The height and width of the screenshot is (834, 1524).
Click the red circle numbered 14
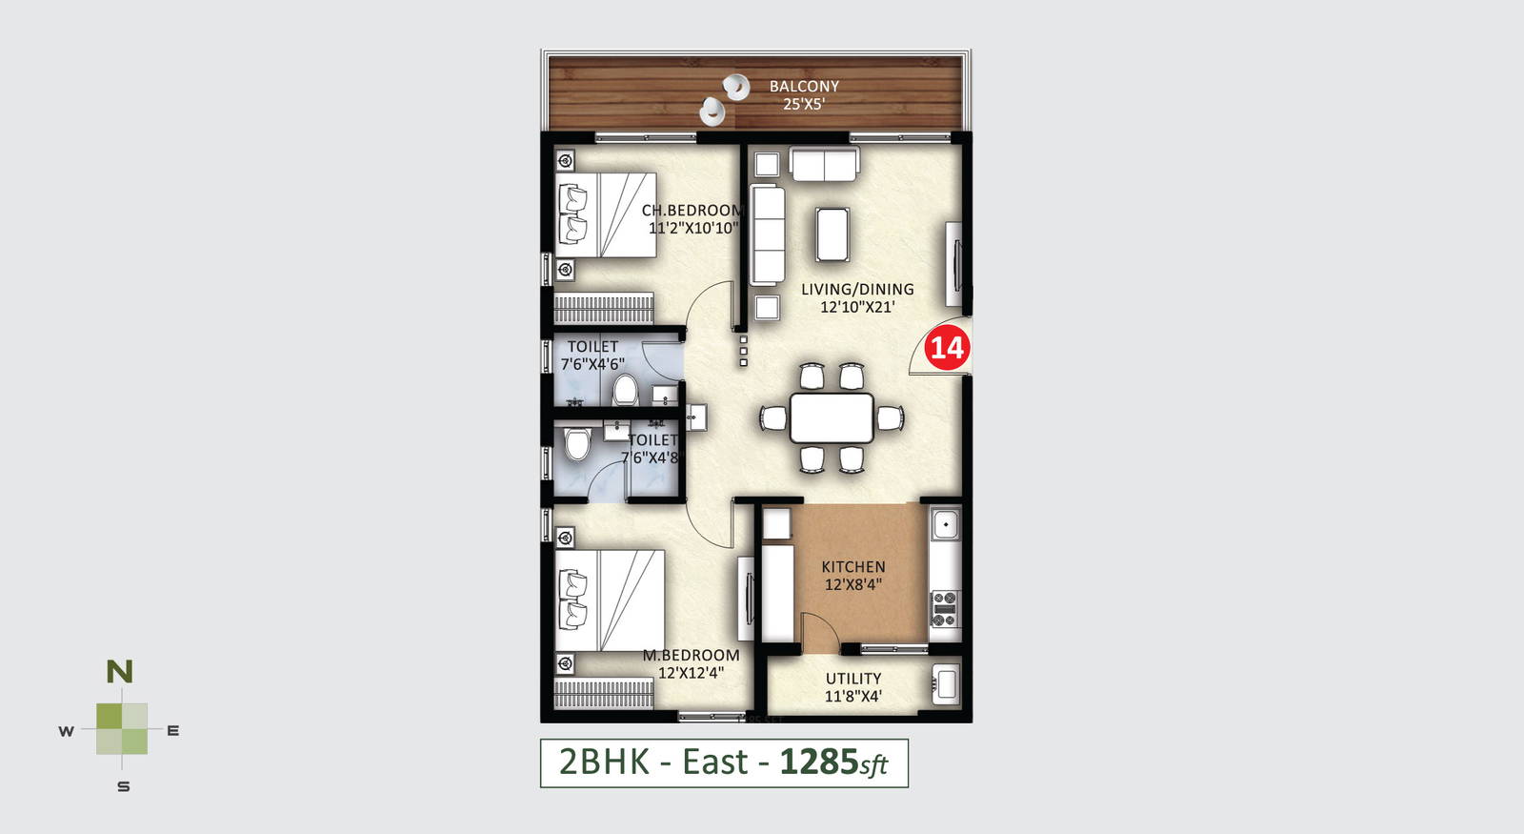click(x=947, y=348)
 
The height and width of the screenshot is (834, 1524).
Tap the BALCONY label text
click(x=804, y=87)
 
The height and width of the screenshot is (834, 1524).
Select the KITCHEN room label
click(x=853, y=566)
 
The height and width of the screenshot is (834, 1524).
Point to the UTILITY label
click(x=853, y=678)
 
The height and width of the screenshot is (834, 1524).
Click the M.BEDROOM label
click(x=691, y=655)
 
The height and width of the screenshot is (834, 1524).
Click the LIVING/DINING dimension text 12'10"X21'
click(x=856, y=307)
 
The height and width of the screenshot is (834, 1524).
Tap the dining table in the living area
click(x=832, y=418)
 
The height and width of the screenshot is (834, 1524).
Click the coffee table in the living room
click(x=832, y=234)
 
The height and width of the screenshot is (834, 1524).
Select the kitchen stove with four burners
click(x=944, y=609)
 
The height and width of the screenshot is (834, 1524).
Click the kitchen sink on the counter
click(x=945, y=525)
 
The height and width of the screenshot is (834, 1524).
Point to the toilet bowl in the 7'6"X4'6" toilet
click(x=624, y=391)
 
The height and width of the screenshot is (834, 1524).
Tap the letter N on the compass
click(x=120, y=672)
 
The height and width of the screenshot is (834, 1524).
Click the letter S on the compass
click(x=123, y=787)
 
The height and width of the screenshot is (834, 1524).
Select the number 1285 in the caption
click(x=819, y=762)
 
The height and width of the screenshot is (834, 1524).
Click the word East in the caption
click(x=714, y=762)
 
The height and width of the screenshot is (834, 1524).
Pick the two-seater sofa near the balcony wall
click(x=824, y=164)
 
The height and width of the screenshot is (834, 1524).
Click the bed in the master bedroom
click(x=609, y=600)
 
